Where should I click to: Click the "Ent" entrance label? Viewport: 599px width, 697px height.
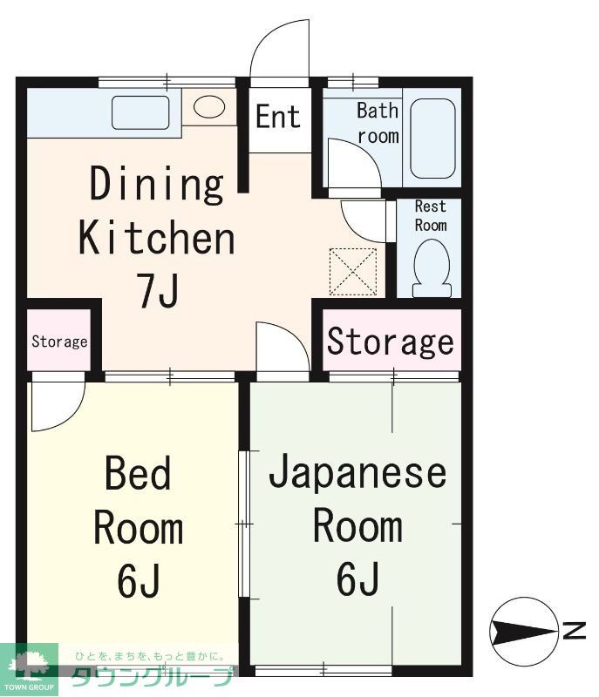point(278,117)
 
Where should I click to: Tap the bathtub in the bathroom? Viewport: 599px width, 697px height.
point(432,139)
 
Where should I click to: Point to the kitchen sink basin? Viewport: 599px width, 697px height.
point(140,112)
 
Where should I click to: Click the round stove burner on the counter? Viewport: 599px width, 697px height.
point(209,107)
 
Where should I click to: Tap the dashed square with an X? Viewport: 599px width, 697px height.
point(352,271)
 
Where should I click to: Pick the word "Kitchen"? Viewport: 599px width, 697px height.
point(157,238)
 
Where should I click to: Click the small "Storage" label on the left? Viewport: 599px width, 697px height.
point(59,342)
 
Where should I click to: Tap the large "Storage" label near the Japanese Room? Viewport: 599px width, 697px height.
point(390,342)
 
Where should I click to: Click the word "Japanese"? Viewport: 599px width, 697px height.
point(357,474)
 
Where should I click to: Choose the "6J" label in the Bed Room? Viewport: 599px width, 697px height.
point(138,582)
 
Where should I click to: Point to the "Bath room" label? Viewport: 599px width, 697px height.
point(378,123)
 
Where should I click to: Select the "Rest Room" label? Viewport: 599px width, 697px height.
point(430,215)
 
